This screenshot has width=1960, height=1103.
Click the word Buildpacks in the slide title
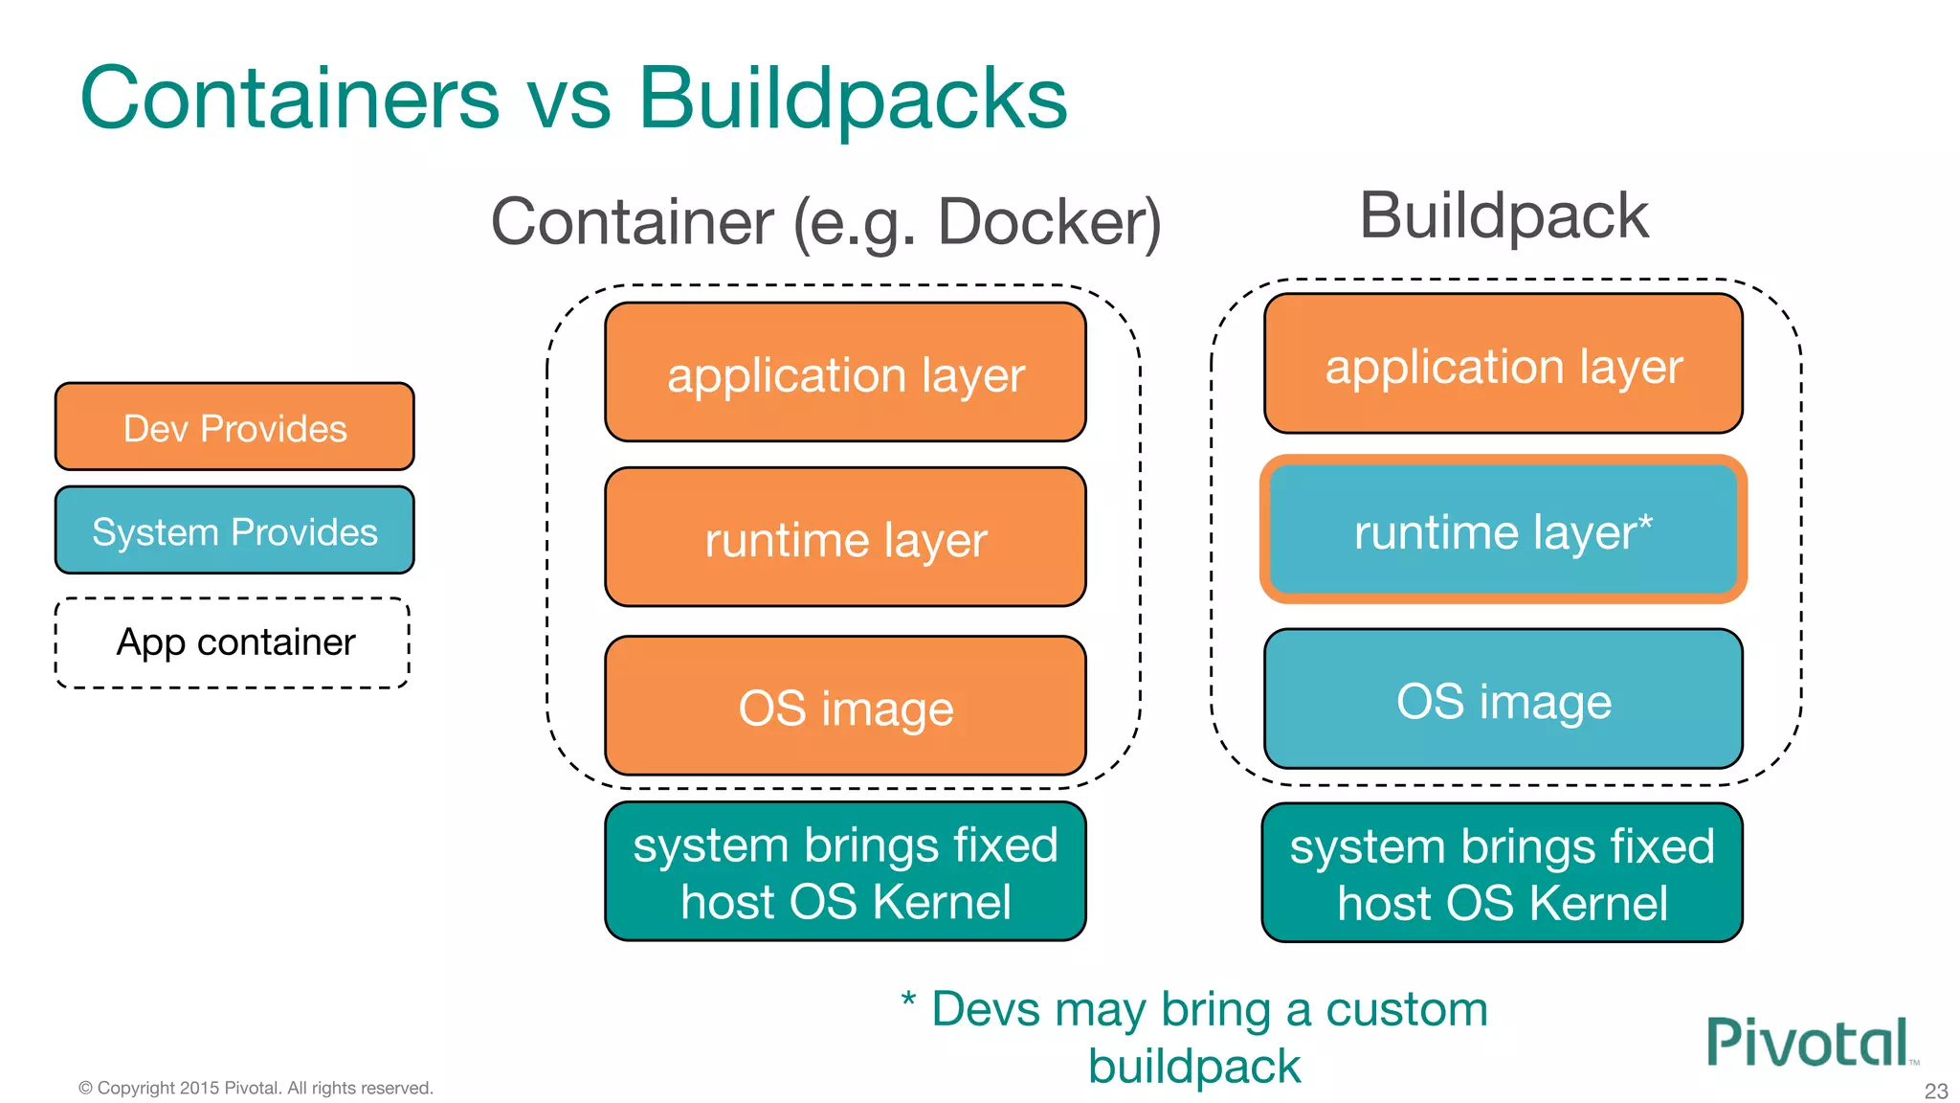tap(852, 98)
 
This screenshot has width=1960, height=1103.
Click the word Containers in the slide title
tap(289, 98)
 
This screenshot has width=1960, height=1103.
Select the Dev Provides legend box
tap(234, 427)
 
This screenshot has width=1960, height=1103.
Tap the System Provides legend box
tap(234, 530)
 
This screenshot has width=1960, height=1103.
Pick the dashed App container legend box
tap(234, 642)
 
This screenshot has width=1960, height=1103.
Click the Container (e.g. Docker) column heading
tap(825, 222)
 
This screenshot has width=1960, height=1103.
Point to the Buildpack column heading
tap(1503, 216)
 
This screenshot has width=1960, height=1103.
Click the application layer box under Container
tap(845, 373)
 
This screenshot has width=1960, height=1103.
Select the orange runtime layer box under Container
tap(845, 538)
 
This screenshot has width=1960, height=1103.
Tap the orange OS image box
tap(845, 707)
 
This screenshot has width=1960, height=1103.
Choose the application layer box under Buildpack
tap(1503, 365)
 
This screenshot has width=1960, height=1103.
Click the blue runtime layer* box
tap(1503, 530)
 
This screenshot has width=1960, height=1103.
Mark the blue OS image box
tap(1503, 700)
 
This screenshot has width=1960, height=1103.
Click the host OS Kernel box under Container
tap(845, 872)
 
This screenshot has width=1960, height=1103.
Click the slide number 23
tap(1935, 1091)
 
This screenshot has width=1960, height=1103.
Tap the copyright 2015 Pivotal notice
tap(256, 1088)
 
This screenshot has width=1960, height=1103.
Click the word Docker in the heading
tap(1048, 222)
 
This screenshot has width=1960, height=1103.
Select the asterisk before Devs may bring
tap(908, 999)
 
